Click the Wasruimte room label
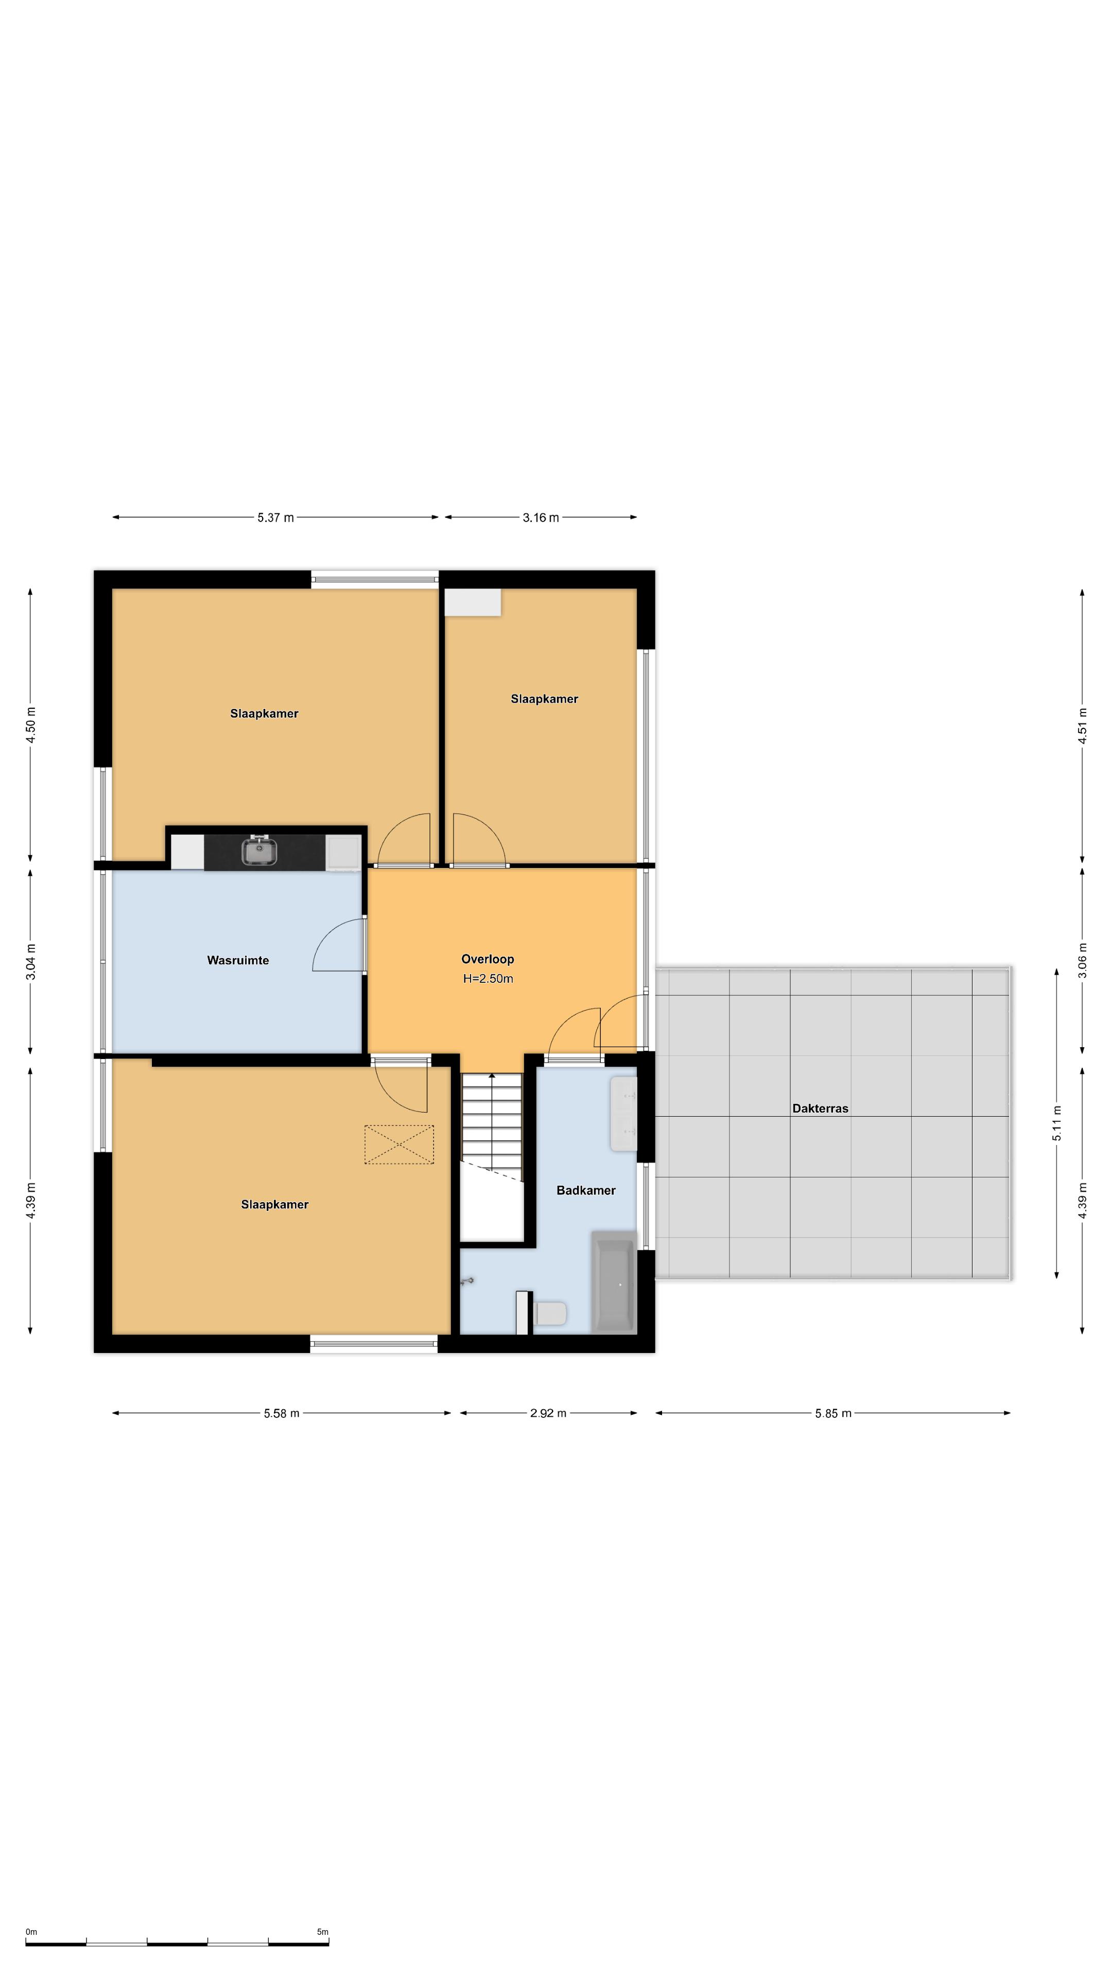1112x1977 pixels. coord(238,960)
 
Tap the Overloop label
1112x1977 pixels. coord(488,959)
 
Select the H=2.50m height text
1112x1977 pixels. coord(488,979)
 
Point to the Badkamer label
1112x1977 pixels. coord(585,1190)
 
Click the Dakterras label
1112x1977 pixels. coord(820,1108)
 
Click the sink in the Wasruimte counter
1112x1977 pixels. coord(259,851)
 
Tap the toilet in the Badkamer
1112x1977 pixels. coord(549,1313)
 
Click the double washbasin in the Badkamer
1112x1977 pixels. coord(623,1114)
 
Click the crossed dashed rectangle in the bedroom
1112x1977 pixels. coord(399,1144)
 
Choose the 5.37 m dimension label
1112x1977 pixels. coord(275,517)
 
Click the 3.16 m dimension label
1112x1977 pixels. coord(540,517)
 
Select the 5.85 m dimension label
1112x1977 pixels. coord(832,1413)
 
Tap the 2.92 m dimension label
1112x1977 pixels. coord(548,1413)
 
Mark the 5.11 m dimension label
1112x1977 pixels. coord(1057,1123)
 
